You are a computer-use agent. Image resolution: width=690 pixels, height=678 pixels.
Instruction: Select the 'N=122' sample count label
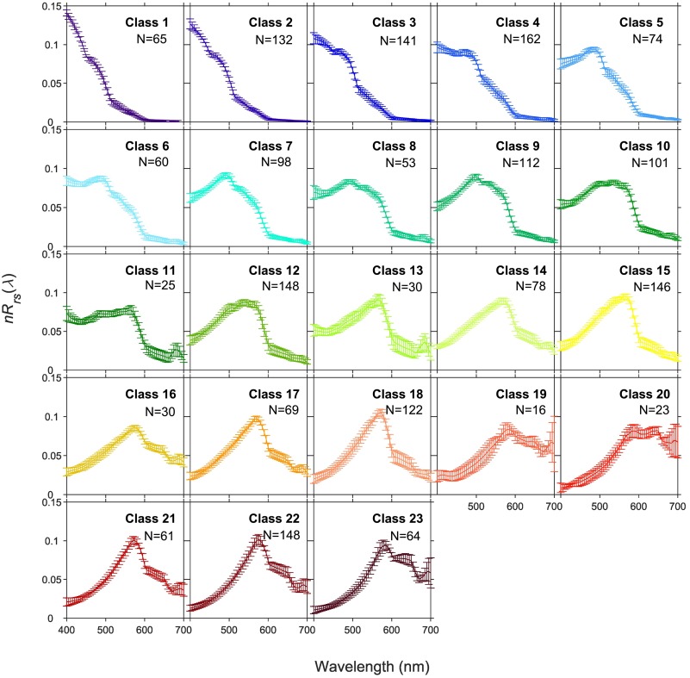pyautogui.click(x=401, y=410)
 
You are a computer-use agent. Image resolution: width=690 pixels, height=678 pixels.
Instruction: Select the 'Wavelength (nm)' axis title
pyautogui.click(x=373, y=667)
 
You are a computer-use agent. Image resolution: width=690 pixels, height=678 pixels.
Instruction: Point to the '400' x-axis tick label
pyautogui.click(x=66, y=631)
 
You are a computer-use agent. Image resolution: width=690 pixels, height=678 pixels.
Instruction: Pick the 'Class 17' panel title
pyautogui.click(x=274, y=393)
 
